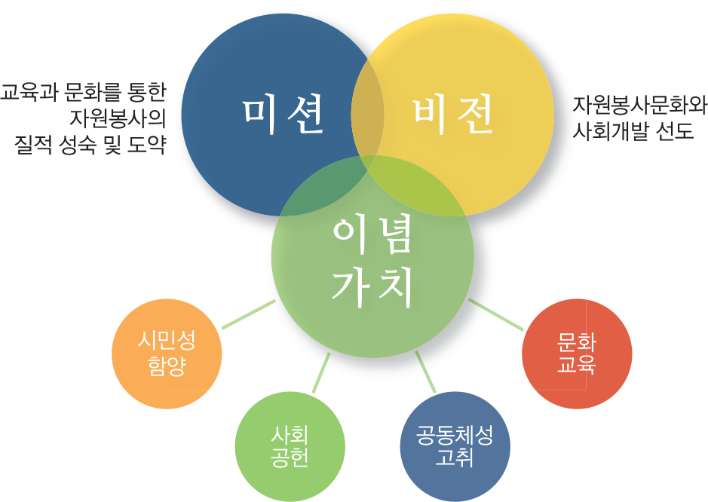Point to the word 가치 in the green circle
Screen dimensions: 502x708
click(372, 286)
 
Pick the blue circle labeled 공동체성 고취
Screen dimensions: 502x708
click(455, 446)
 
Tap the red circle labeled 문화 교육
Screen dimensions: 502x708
click(577, 354)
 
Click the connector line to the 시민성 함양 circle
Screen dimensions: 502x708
click(249, 314)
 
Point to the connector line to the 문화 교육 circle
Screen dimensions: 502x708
click(495, 314)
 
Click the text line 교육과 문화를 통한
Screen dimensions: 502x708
click(82, 93)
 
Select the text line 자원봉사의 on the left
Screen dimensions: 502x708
click(118, 118)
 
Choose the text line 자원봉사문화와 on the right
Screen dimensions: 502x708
click(639, 106)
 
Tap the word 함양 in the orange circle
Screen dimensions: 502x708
click(167, 366)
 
